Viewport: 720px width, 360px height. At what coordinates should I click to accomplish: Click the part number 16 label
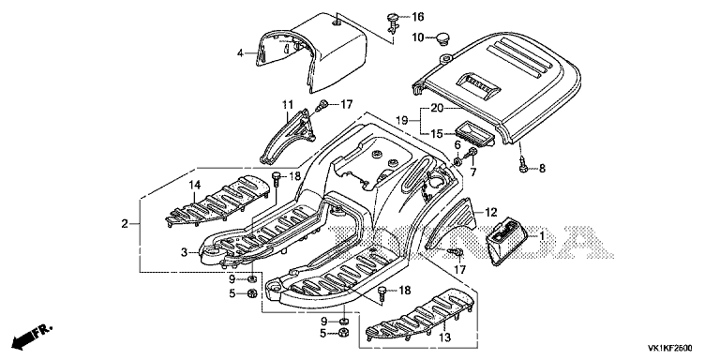pyautogui.click(x=418, y=18)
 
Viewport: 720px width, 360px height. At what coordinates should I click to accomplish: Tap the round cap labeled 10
pyautogui.click(x=443, y=37)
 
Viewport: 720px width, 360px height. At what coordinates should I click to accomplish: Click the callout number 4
pyautogui.click(x=240, y=53)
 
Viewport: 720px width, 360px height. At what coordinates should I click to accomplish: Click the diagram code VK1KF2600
pyautogui.click(x=670, y=348)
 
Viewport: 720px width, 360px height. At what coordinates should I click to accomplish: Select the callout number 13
pyautogui.click(x=444, y=337)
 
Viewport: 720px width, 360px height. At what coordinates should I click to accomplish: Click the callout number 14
pyautogui.click(x=195, y=186)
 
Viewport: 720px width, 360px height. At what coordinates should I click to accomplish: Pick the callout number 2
pyautogui.click(x=125, y=224)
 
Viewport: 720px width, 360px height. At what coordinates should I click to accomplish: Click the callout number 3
pyautogui.click(x=184, y=252)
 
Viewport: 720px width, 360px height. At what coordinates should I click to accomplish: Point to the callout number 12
pyautogui.click(x=491, y=212)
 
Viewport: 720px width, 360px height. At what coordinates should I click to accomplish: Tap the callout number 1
pyautogui.click(x=541, y=236)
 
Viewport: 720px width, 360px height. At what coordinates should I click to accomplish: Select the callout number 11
pyautogui.click(x=288, y=105)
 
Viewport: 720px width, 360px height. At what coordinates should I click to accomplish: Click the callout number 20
pyautogui.click(x=437, y=109)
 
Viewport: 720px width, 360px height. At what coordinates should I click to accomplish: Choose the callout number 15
pyautogui.click(x=437, y=134)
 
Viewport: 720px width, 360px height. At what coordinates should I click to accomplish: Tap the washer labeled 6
pyautogui.click(x=457, y=161)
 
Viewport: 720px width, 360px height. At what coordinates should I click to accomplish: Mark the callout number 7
pyautogui.click(x=472, y=172)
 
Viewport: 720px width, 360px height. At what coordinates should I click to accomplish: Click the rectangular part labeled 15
pyautogui.click(x=473, y=133)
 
